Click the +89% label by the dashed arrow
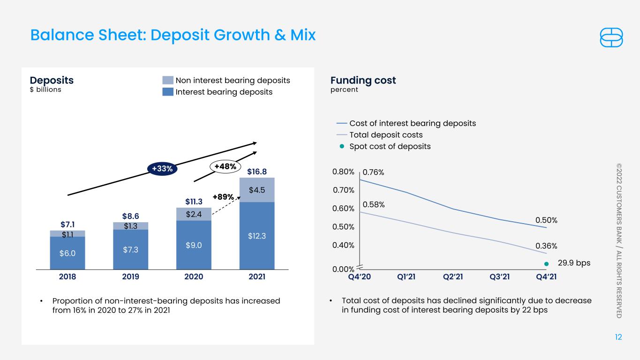pyautogui.click(x=223, y=197)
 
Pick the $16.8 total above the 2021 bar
pyautogui.click(x=257, y=172)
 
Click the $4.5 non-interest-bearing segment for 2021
pyautogui.click(x=257, y=190)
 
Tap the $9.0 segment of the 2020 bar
pyautogui.click(x=194, y=245)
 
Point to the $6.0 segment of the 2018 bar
pyautogui.click(x=67, y=253)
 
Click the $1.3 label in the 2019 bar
pyautogui.click(x=130, y=226)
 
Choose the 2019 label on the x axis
pyautogui.click(x=130, y=277)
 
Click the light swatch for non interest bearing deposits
pyautogui.click(x=167, y=80)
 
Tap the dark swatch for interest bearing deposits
pyautogui.click(x=167, y=92)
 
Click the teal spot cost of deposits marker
pyautogui.click(x=546, y=264)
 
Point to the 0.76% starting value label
pyautogui.click(x=373, y=172)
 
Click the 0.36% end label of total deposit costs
pyautogui.click(x=546, y=246)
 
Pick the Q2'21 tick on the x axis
pyautogui.click(x=453, y=277)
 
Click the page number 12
pyautogui.click(x=618, y=337)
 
